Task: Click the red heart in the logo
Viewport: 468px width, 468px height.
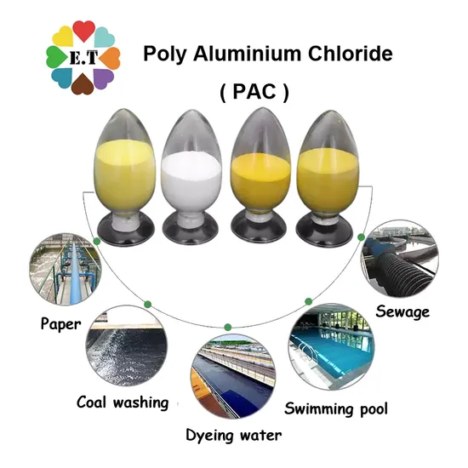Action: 84,31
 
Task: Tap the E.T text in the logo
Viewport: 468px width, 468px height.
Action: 83,58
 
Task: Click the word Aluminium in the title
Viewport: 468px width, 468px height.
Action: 247,54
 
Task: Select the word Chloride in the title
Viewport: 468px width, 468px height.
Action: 350,54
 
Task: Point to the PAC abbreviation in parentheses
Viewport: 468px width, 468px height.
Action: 254,92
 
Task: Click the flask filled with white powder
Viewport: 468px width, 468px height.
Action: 191,177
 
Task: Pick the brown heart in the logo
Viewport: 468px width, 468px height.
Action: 83,84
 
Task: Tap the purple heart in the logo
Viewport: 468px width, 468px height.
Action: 103,78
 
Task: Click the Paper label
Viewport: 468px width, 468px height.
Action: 61,324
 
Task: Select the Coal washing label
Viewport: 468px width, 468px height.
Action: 123,402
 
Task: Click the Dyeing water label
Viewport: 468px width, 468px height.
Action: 234,435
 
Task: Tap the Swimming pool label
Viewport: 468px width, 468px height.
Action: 336,408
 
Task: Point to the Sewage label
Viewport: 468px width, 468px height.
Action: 402,312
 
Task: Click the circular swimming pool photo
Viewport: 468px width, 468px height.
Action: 331,346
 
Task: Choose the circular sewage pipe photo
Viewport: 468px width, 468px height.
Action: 399,259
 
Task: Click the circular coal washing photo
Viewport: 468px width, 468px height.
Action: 127,345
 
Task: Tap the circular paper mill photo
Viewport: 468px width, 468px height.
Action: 66,269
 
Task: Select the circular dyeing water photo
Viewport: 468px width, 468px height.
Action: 233,376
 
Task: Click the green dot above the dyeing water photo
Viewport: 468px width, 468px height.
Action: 228,327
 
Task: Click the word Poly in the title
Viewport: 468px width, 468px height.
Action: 165,54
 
